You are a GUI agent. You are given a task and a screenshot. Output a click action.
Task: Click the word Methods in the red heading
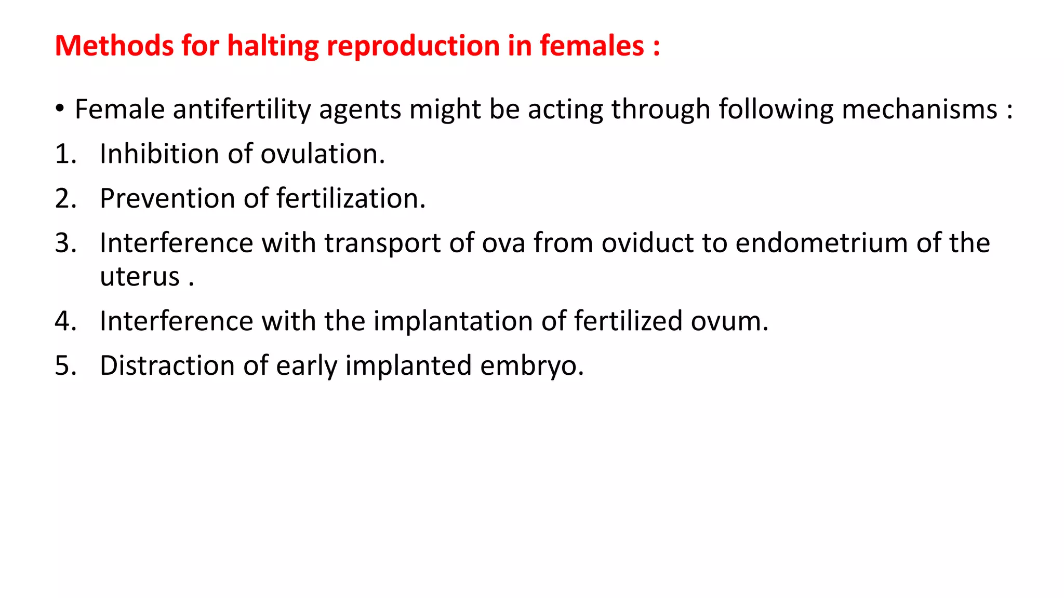tap(114, 46)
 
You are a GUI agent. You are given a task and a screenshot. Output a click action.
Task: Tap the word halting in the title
tap(273, 46)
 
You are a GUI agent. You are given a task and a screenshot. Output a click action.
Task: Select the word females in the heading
tap(592, 46)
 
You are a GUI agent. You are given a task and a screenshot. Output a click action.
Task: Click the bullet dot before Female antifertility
tap(60, 108)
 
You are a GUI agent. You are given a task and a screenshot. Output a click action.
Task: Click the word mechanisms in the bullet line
tap(919, 110)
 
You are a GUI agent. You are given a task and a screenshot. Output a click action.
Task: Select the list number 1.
tap(65, 154)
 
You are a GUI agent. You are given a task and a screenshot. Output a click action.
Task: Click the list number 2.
tap(65, 199)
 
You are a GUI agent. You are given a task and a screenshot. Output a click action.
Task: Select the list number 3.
tap(65, 243)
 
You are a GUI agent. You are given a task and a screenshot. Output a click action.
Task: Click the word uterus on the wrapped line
tap(139, 277)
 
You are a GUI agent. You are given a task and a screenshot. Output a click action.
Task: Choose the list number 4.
tap(65, 321)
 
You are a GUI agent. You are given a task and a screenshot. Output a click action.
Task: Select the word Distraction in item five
tap(167, 366)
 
